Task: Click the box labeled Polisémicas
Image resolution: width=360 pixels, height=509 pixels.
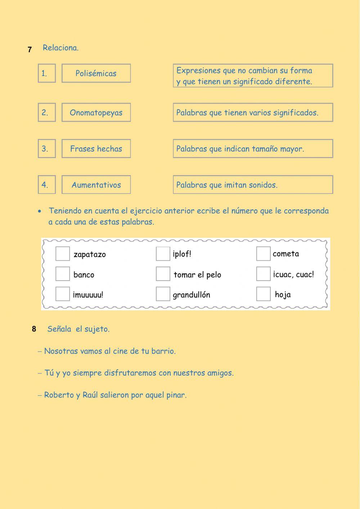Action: (x=96, y=73)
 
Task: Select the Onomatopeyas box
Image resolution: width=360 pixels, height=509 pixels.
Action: (x=96, y=112)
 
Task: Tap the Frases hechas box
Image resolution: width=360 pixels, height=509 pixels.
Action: (x=96, y=149)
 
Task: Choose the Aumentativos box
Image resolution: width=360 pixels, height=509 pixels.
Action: (x=96, y=185)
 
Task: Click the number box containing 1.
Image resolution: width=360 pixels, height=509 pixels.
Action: (x=47, y=73)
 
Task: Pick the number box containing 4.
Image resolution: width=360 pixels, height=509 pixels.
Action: (x=47, y=185)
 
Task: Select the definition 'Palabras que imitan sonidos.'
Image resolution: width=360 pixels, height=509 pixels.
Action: (x=253, y=185)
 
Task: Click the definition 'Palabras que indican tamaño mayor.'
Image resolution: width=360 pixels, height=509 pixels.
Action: (x=253, y=149)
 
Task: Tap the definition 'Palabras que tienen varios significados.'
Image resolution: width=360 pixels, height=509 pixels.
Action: (x=253, y=112)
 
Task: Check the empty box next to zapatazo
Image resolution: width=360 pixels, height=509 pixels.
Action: (x=63, y=254)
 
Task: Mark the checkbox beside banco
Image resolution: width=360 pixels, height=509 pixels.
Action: (x=63, y=274)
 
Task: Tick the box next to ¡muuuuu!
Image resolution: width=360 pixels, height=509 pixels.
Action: (x=63, y=294)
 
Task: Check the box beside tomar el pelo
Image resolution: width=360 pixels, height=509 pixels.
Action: (x=163, y=274)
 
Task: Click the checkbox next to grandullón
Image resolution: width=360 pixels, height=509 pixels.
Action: (x=163, y=294)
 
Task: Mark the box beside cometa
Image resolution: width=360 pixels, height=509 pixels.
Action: (x=264, y=254)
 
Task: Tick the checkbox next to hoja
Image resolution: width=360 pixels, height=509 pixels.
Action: (x=264, y=294)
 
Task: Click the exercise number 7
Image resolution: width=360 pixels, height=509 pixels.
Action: (x=30, y=50)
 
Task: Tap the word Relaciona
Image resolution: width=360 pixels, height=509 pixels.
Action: (x=60, y=48)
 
